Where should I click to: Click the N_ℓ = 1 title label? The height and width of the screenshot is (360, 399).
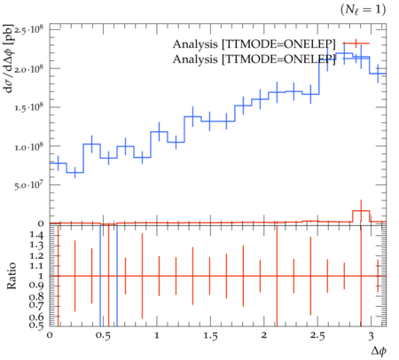point(363,10)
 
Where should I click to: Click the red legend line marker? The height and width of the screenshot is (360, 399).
point(356,43)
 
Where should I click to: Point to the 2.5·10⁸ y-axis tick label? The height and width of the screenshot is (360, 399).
point(28,30)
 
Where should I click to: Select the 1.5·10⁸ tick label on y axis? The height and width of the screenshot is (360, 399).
point(28,107)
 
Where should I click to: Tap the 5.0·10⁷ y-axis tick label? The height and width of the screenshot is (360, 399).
point(28,184)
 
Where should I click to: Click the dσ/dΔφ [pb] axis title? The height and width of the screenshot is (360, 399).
point(9,59)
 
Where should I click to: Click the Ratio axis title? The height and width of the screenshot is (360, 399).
point(12,276)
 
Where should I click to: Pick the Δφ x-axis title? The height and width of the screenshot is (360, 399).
point(379,351)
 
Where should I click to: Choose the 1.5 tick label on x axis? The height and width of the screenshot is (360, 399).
point(210,336)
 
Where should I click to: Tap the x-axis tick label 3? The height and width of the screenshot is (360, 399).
point(371,336)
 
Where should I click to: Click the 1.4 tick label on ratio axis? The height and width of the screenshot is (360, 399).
point(36,236)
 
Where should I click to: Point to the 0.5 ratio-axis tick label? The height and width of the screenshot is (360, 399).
point(36,325)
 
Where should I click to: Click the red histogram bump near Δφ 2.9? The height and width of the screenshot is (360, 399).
point(361,211)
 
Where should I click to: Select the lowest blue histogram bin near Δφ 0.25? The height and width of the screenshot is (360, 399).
point(74,173)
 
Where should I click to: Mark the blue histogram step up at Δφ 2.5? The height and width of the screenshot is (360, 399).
point(319,77)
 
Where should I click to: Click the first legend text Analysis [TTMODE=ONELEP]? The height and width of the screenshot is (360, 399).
point(254,44)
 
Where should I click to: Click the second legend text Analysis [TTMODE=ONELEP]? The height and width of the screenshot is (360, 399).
point(254,59)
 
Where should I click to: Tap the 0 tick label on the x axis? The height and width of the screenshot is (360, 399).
point(50,335)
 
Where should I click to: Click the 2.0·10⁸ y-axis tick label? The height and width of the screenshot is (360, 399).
point(28,68)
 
